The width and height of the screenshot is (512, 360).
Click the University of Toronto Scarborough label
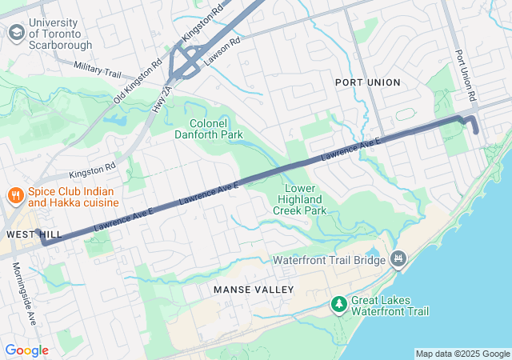[x=60, y=33]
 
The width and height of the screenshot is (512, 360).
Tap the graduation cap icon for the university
[x=16, y=33]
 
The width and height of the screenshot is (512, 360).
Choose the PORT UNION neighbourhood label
[x=368, y=82]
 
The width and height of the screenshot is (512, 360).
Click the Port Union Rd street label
[x=466, y=75]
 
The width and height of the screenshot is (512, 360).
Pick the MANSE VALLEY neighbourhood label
[x=254, y=289]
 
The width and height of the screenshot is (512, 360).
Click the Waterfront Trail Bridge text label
[x=329, y=259]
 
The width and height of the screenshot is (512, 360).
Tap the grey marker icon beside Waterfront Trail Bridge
[x=398, y=258]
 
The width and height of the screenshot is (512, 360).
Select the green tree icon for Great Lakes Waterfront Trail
[x=339, y=305]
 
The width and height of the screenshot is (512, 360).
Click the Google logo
[x=26, y=350]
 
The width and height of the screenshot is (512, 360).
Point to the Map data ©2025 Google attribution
[x=462, y=354]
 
